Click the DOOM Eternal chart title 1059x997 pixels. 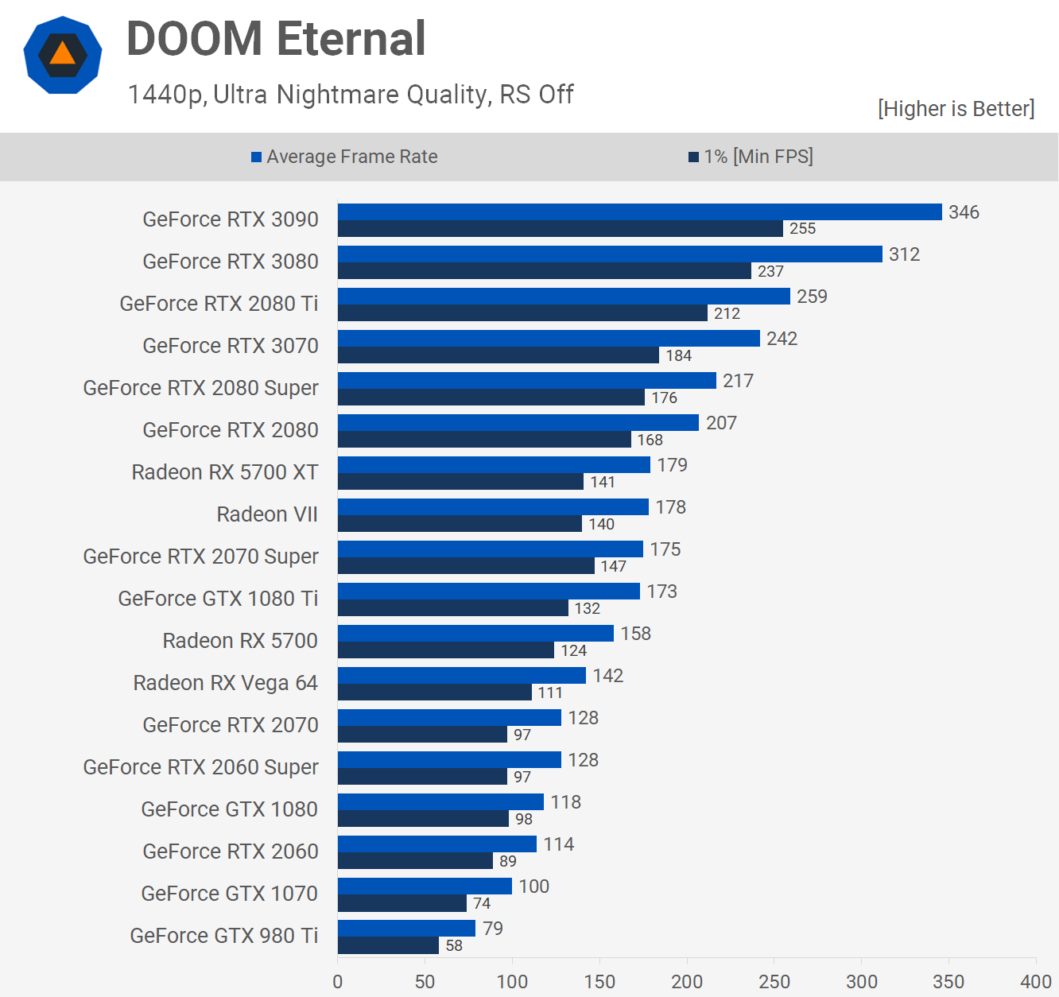(x=276, y=39)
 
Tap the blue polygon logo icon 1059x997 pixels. (x=63, y=55)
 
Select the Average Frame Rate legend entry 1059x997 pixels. (x=344, y=157)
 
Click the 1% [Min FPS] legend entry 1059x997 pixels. (x=751, y=157)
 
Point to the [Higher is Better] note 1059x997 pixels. (x=956, y=109)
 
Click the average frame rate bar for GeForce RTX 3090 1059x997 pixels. (x=639, y=211)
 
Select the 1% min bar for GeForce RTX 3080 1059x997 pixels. (x=544, y=271)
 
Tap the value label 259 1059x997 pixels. (x=812, y=297)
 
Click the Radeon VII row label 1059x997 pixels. (x=267, y=514)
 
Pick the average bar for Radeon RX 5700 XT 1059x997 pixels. (x=494, y=464)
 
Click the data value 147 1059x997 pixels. (x=613, y=566)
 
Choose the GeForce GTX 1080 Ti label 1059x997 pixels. (x=218, y=599)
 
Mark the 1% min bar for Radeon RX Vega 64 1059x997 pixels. (x=434, y=692)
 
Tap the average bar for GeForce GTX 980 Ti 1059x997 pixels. (x=406, y=928)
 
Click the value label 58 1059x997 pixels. (x=454, y=945)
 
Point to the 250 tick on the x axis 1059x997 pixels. (x=774, y=982)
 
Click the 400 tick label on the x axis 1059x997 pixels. (x=1035, y=982)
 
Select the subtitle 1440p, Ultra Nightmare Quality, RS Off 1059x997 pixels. (x=351, y=95)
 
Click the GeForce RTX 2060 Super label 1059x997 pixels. (x=200, y=767)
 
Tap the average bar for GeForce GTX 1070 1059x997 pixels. (x=425, y=886)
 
